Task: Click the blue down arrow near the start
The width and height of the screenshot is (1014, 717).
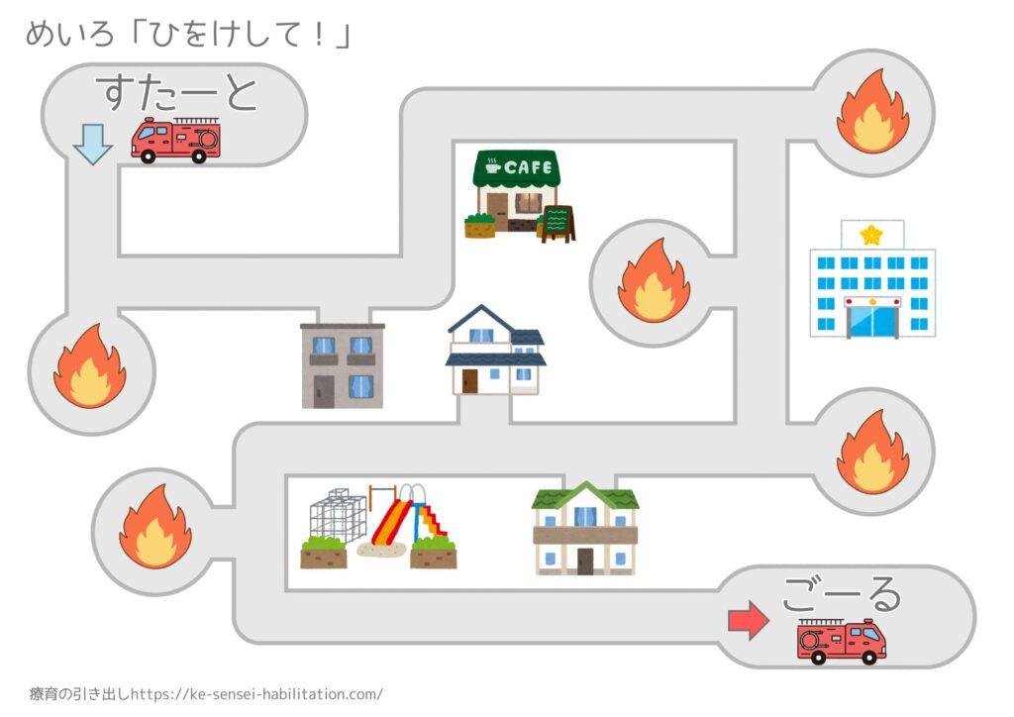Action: coord(93,147)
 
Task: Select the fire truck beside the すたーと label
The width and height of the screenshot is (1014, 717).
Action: coord(175,140)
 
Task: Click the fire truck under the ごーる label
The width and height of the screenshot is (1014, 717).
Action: coord(842,642)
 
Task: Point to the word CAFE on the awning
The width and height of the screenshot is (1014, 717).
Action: coord(528,167)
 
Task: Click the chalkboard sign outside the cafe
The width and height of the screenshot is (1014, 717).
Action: coord(558,223)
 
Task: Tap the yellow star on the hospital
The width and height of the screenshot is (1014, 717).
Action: coord(871,235)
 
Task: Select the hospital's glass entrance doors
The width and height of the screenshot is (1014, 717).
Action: coord(872,321)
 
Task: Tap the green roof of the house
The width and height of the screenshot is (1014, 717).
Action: coord(584,494)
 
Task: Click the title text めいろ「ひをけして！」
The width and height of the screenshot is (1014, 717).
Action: coord(188,36)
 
